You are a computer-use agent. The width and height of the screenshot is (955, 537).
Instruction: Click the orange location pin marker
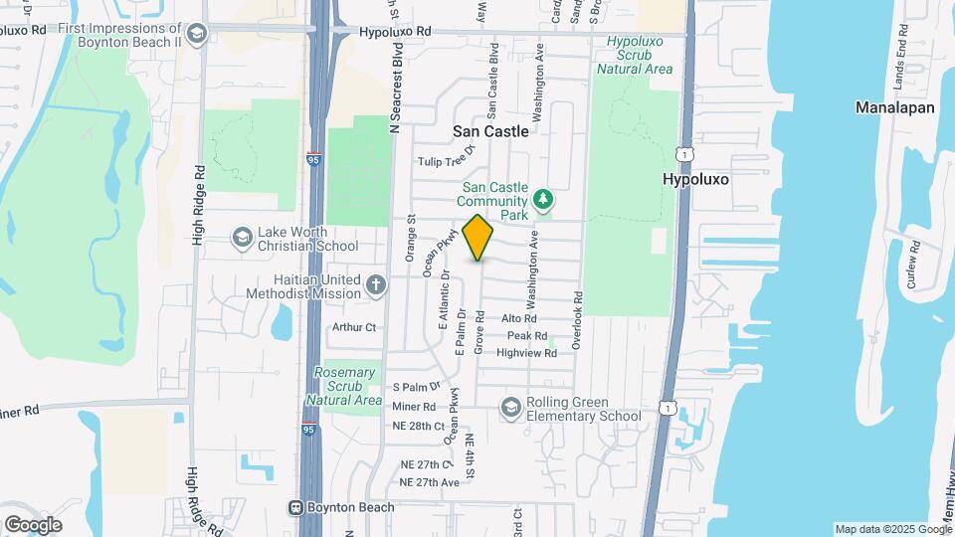click(478, 237)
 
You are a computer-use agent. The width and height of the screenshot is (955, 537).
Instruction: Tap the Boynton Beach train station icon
click(295, 507)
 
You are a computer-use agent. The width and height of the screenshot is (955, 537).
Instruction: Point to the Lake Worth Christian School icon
click(241, 237)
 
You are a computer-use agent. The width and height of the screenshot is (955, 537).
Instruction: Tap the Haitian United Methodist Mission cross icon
click(376, 286)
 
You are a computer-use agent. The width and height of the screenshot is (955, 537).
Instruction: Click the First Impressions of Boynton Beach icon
click(196, 35)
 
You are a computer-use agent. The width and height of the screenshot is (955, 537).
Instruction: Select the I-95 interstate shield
click(313, 158)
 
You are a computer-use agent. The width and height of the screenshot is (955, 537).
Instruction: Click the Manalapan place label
click(895, 108)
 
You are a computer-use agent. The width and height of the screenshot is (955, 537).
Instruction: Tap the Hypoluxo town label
click(695, 180)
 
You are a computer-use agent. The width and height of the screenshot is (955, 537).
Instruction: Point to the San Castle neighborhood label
click(490, 131)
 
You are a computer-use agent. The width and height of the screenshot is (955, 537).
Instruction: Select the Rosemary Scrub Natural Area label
click(346, 386)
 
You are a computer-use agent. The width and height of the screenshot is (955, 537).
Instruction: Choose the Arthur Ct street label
click(355, 326)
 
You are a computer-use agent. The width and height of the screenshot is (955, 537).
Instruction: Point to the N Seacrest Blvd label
click(394, 88)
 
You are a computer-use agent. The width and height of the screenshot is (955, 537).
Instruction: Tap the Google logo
click(33, 525)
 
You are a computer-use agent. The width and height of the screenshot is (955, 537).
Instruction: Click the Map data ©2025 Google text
click(890, 529)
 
